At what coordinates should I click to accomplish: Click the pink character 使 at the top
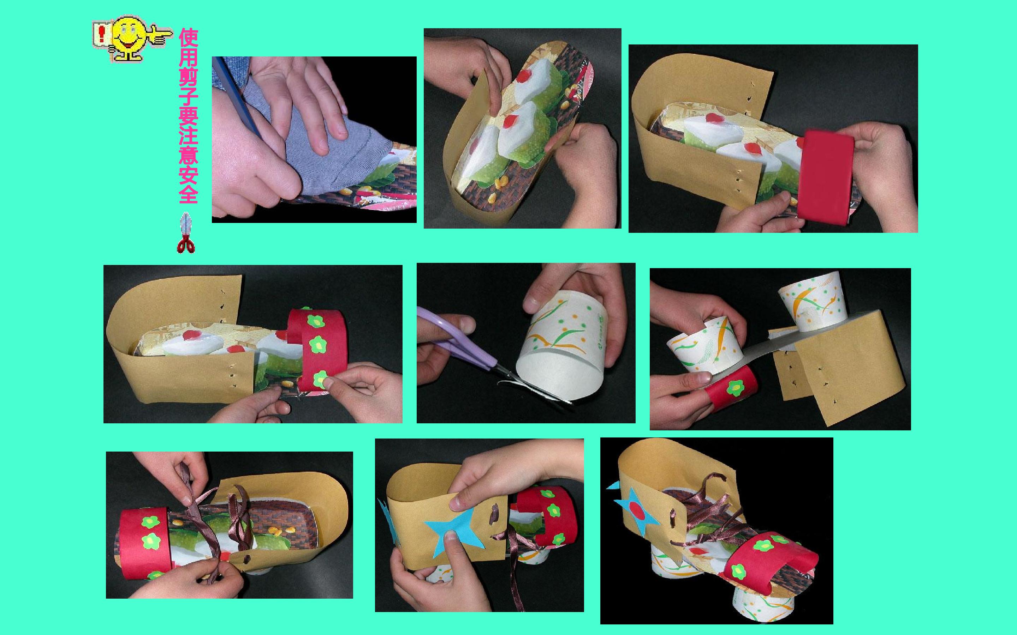(188, 39)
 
